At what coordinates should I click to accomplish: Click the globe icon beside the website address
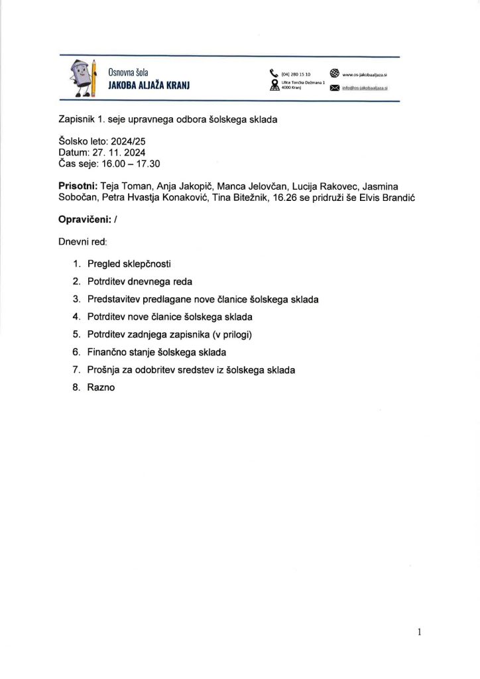(x=334, y=74)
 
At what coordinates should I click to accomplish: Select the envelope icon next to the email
(x=334, y=88)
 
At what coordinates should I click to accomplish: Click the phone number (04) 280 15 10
(x=296, y=74)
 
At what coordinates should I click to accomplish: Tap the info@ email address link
(x=365, y=88)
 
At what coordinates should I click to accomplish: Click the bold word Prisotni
(x=78, y=186)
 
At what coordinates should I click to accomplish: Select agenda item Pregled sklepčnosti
(x=129, y=263)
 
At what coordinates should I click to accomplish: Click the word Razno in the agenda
(x=101, y=387)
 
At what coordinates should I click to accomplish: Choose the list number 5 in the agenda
(x=76, y=334)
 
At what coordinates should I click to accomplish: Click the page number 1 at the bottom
(x=420, y=632)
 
